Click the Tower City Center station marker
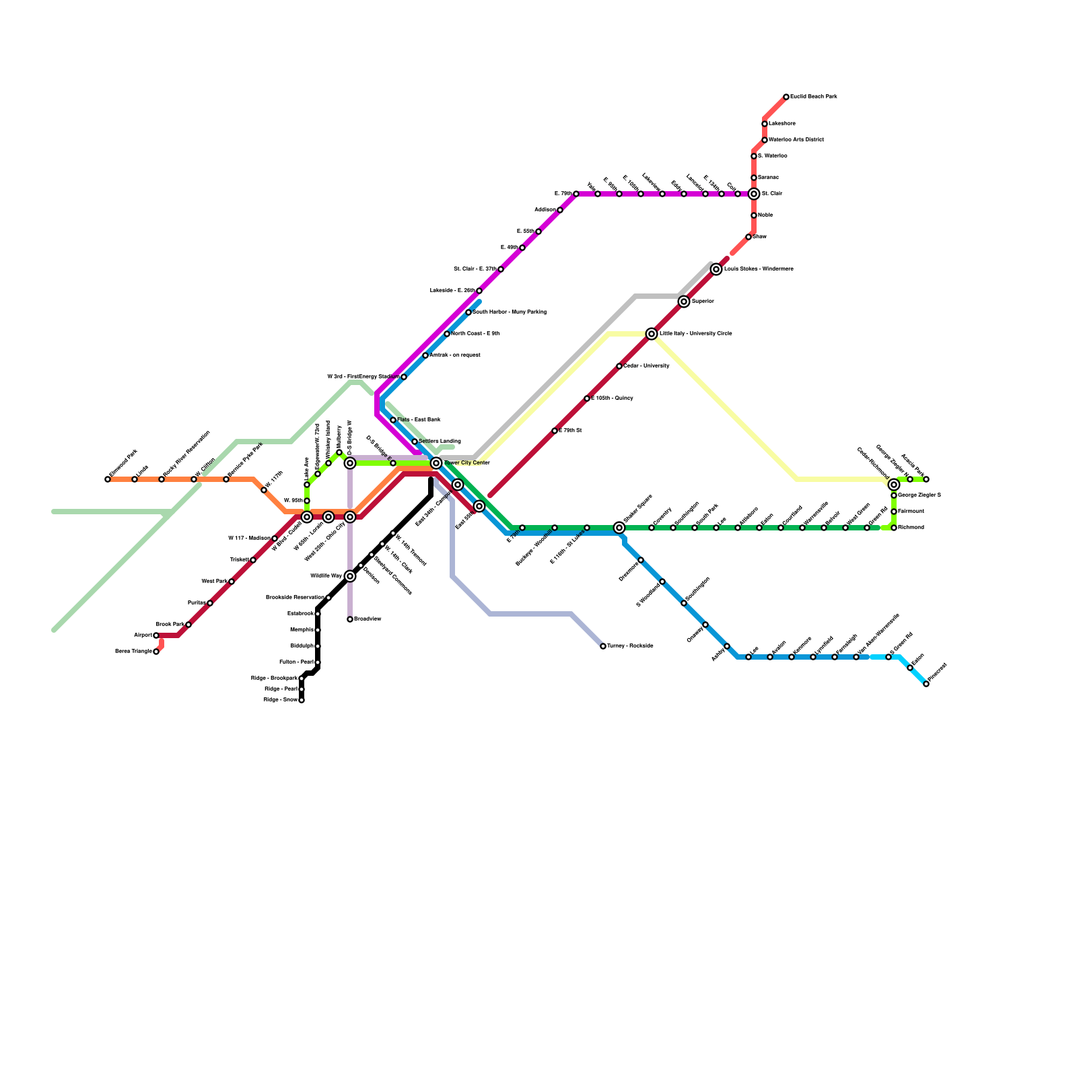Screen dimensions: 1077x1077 pyautogui.click(x=436, y=463)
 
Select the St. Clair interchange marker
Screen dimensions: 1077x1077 pyautogui.click(x=754, y=194)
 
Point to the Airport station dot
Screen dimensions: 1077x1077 pyautogui.click(x=156, y=635)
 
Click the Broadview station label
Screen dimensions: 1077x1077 pyautogui.click(x=368, y=619)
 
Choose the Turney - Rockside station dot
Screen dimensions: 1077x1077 pyautogui.click(x=603, y=646)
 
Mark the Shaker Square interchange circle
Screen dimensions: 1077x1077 pyautogui.click(x=619, y=528)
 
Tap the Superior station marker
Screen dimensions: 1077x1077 pyautogui.click(x=684, y=302)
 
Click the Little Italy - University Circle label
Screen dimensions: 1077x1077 pyautogui.click(x=695, y=334)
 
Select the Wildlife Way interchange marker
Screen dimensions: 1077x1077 pyautogui.click(x=350, y=576)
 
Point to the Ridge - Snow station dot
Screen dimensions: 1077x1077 pyautogui.click(x=302, y=700)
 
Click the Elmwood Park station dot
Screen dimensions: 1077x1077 pyautogui.click(x=108, y=479)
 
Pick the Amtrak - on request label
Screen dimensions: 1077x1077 pyautogui.click(x=454, y=355)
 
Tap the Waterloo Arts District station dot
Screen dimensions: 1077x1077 pyautogui.click(x=765, y=140)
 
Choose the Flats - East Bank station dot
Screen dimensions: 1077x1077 pyautogui.click(x=393, y=420)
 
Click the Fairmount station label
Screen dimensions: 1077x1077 pyautogui.click(x=911, y=512)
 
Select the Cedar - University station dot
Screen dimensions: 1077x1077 pyautogui.click(x=619, y=366)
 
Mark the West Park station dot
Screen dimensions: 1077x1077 pyautogui.click(x=232, y=582)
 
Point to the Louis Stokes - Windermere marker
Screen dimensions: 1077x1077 pyautogui.click(x=716, y=269)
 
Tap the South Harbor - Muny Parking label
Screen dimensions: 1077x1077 pyautogui.click(x=509, y=312)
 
